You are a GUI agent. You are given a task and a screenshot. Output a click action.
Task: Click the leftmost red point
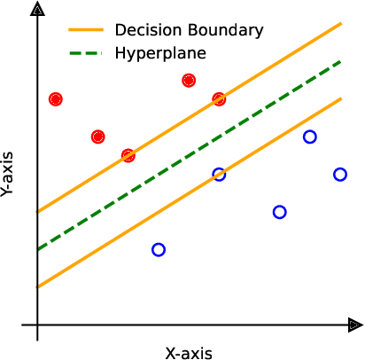[56, 99]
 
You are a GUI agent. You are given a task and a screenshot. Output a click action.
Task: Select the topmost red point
[189, 81]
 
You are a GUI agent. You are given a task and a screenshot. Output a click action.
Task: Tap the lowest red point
[128, 155]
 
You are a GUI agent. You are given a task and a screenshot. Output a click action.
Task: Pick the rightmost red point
[219, 99]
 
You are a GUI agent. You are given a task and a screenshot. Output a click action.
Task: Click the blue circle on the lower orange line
[219, 175]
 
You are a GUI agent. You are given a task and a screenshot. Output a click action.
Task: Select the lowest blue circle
[159, 250]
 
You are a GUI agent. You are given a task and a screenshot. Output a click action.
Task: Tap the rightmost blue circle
[340, 174]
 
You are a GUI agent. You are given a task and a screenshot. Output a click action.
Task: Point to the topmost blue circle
[310, 137]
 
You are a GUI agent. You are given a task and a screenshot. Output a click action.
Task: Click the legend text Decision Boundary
[189, 30]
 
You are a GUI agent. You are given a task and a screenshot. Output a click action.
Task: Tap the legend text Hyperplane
[160, 53]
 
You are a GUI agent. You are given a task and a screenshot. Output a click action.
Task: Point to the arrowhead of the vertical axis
[37, 10]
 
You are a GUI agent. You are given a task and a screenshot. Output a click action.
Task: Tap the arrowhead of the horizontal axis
[354, 325]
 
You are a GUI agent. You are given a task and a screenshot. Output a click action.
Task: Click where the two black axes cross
[37, 325]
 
